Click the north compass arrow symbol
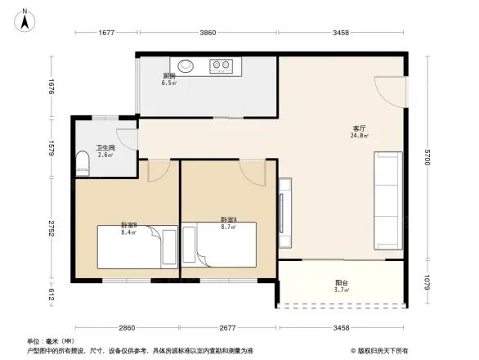(25, 19)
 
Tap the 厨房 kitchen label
(169, 76)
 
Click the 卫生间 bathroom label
(105, 148)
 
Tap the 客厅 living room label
(359, 128)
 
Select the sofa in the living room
(388, 200)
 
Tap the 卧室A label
(229, 219)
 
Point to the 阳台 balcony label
(342, 283)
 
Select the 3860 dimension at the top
(208, 33)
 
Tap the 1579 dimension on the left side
(51, 148)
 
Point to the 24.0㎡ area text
(360, 136)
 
